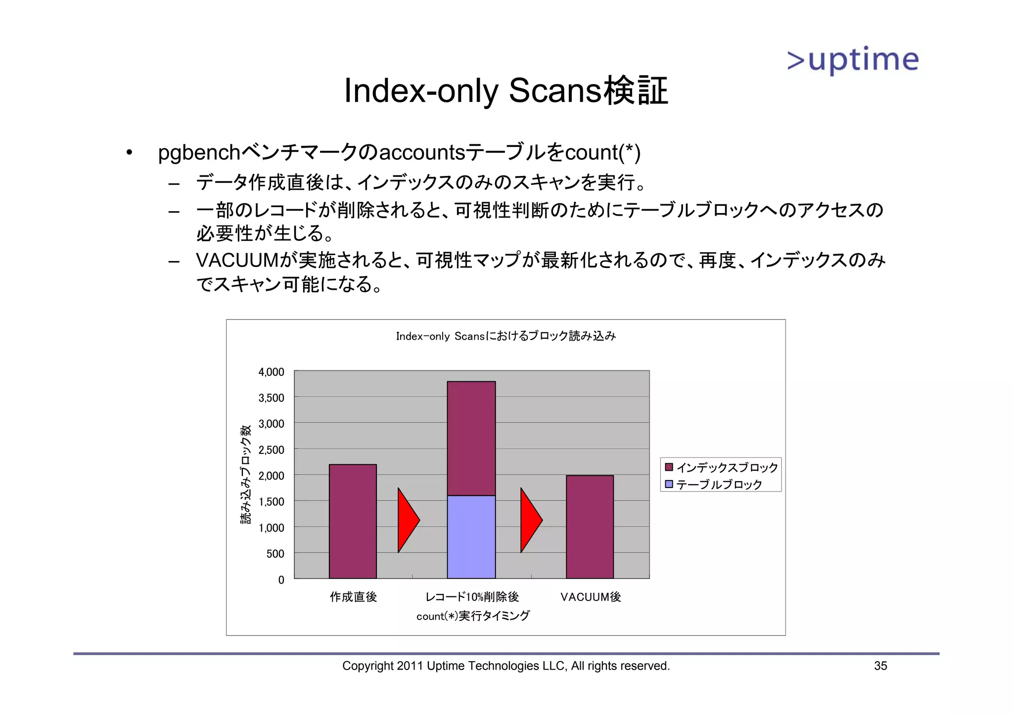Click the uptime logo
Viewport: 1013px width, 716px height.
pos(853,60)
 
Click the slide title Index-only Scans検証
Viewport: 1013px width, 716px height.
pos(506,91)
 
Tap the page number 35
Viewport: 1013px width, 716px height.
pos(880,666)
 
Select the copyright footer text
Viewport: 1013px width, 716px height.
pos(506,666)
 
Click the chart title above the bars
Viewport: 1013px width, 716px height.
pos(506,336)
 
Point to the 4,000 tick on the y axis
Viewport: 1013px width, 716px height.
pos(271,372)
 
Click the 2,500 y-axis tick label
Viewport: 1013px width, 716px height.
pos(271,450)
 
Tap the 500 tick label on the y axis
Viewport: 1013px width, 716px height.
pos(275,554)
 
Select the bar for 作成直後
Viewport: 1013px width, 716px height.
pos(353,521)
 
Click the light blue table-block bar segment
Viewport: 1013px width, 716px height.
pos(471,537)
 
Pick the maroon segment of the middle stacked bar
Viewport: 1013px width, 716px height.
pos(471,438)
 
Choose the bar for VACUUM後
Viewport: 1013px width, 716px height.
pos(590,527)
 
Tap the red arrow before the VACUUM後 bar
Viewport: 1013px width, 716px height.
pos(530,520)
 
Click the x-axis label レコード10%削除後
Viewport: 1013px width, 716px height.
pos(472,597)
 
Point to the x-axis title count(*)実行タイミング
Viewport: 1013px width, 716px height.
pos(473,616)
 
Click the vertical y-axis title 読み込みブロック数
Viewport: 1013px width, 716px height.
pos(246,475)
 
